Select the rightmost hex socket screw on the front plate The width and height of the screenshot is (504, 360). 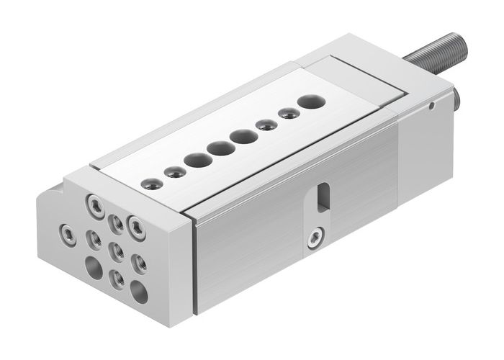tap(135, 223)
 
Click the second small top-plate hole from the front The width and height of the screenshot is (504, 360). tap(171, 171)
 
